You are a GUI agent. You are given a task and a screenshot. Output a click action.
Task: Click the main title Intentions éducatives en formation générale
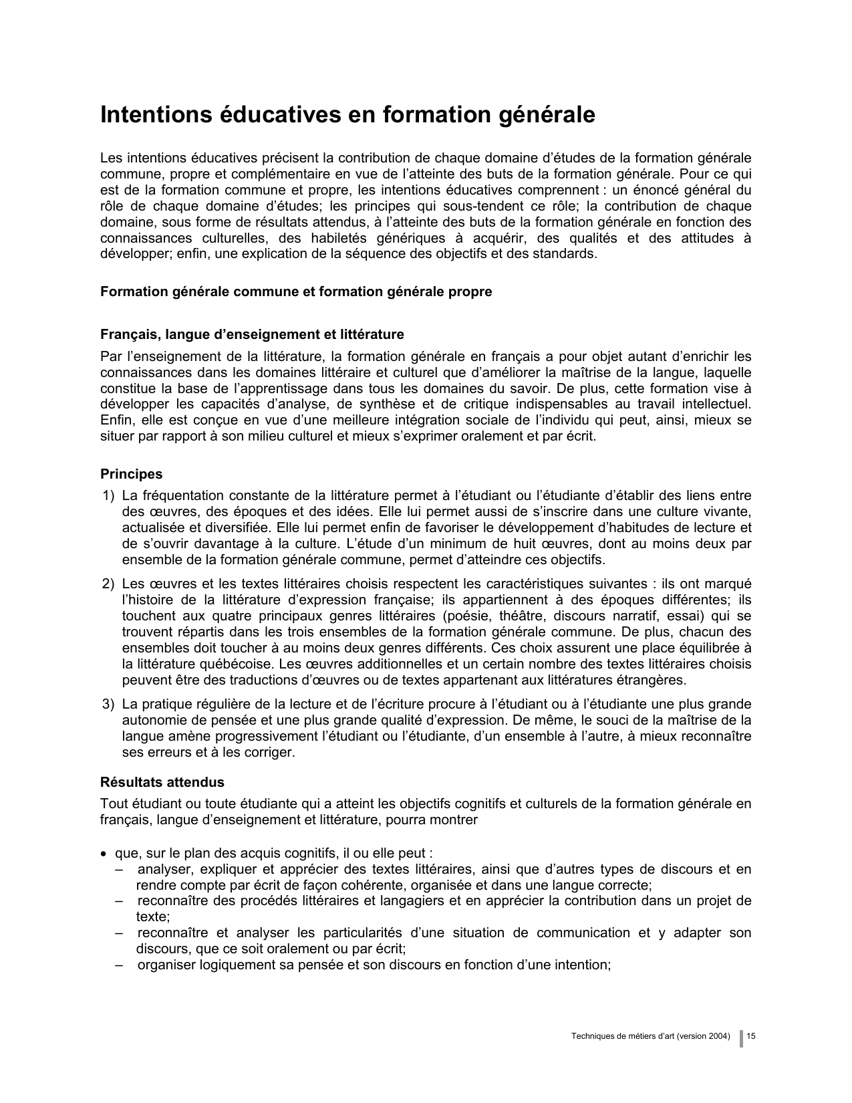[x=347, y=115]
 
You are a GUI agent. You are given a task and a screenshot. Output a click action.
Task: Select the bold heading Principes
[x=131, y=474]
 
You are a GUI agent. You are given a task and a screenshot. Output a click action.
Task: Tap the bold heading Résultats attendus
[x=162, y=782]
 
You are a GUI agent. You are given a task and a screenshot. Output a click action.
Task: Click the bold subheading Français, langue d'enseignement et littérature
[x=252, y=334]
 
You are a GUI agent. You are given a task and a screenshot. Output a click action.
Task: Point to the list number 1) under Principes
[x=108, y=496]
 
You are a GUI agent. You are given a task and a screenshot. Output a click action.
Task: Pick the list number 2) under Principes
[x=108, y=584]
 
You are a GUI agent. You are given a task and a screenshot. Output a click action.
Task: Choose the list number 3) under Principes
[x=108, y=705]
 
